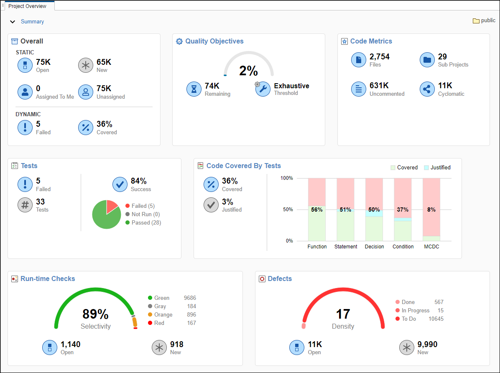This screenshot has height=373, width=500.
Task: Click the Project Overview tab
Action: pyautogui.click(x=28, y=6)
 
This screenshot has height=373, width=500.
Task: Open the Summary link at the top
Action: pyautogui.click(x=32, y=22)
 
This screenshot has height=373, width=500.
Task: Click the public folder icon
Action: pyautogui.click(x=476, y=20)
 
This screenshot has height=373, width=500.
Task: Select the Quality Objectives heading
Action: pyautogui.click(x=214, y=41)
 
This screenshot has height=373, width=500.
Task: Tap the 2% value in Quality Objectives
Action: pyautogui.click(x=248, y=71)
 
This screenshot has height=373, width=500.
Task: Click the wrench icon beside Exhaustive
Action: pyautogui.click(x=263, y=89)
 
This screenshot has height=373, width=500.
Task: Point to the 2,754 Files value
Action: pyautogui.click(x=379, y=57)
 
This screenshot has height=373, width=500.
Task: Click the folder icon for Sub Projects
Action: pyautogui.click(x=427, y=60)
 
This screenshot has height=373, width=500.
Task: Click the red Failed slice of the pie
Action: pyautogui.click(x=112, y=207)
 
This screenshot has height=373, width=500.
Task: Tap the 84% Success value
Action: pyautogui.click(x=139, y=181)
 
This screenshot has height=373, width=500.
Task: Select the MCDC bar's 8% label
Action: pyautogui.click(x=431, y=209)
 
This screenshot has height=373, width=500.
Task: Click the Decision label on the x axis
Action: pyautogui.click(x=374, y=247)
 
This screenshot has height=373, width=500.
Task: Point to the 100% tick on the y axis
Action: pyautogui.click(x=286, y=178)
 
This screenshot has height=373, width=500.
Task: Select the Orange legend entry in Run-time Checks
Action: pyautogui.click(x=163, y=314)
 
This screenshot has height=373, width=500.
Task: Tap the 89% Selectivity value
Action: pyautogui.click(x=95, y=314)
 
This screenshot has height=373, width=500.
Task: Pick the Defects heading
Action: pyautogui.click(x=280, y=278)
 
